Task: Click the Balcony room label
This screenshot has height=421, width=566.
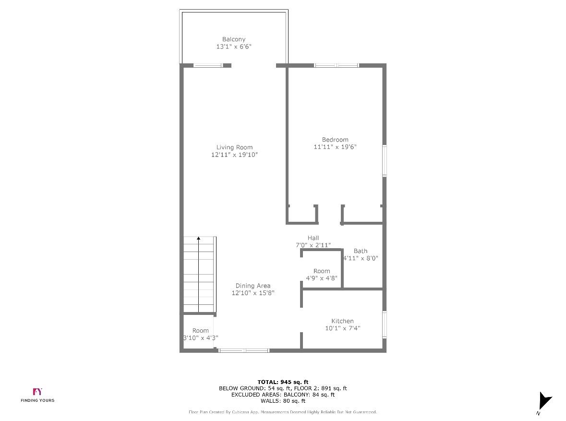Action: (234, 39)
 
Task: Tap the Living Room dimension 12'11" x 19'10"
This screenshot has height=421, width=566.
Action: (234, 155)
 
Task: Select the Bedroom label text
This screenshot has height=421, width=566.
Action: (335, 140)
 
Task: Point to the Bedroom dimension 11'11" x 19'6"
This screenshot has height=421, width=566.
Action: (335, 147)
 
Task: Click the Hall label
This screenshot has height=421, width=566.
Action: (313, 238)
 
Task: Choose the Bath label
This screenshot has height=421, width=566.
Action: (361, 251)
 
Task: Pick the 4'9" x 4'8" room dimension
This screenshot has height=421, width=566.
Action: (322, 278)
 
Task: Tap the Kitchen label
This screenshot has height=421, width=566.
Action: (342, 321)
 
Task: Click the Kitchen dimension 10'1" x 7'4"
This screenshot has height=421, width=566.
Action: (342, 328)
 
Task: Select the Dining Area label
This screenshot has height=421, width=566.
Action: (253, 286)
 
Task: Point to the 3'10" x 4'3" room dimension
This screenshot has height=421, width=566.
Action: (201, 338)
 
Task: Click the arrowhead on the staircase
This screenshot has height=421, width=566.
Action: (199, 238)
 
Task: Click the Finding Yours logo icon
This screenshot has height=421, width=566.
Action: (37, 392)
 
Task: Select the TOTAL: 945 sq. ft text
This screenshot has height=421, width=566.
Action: (283, 382)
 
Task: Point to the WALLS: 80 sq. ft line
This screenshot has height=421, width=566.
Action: (283, 401)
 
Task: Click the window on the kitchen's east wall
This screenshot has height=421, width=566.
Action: (385, 325)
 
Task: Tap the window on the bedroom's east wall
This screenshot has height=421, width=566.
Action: (385, 161)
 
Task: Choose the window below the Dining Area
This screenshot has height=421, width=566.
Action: (244, 350)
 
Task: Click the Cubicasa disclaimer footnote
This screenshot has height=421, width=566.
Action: (283, 412)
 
